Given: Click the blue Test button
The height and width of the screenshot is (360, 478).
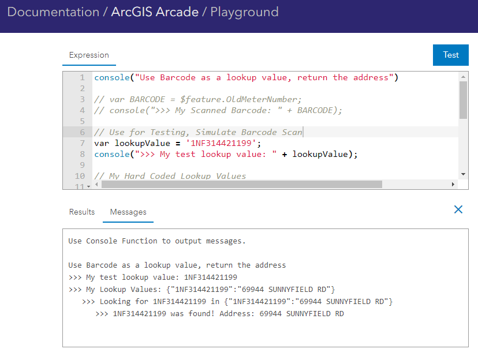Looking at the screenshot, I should click(451, 55).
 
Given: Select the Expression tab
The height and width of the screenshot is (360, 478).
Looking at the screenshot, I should click(89, 55).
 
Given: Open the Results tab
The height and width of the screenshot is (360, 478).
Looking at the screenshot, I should click(82, 212).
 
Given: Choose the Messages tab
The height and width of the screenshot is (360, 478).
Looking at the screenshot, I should click(128, 212).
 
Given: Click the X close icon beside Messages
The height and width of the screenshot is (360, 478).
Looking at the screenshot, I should click(458, 209).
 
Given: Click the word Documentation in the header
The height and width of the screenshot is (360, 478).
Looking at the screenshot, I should click(53, 12).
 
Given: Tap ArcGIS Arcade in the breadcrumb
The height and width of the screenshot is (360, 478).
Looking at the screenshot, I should click(154, 12).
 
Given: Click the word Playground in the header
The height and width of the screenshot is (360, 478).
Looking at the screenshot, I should click(244, 12).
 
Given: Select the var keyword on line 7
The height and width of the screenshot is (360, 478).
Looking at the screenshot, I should click(102, 143).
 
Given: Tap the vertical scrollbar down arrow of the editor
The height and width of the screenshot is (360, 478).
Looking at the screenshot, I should click(463, 174).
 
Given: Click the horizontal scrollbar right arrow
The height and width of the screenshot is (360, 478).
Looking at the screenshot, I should click(453, 185).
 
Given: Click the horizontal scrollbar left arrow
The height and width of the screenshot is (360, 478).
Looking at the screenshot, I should click(97, 185).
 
